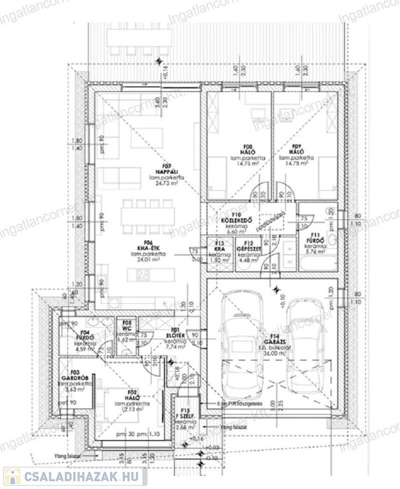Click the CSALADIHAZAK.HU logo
tap(75, 476)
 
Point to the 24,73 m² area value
tap(168, 182)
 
